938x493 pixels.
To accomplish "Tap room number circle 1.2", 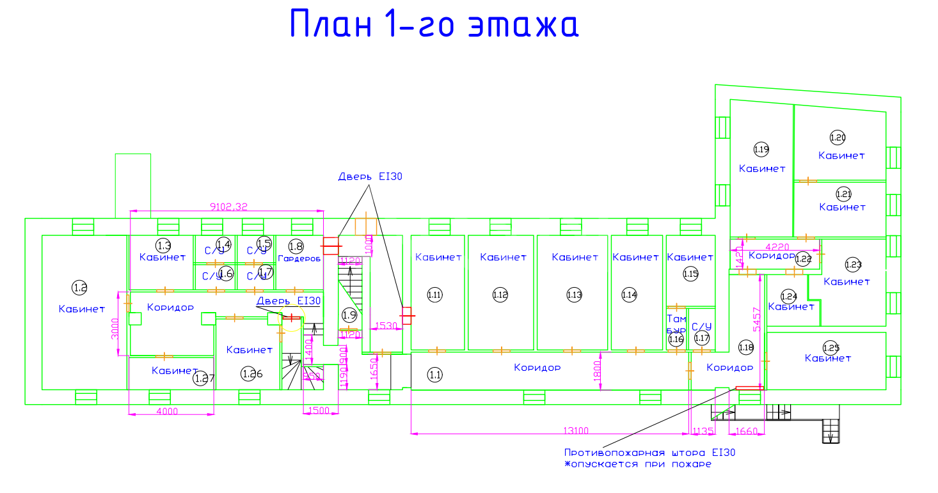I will (80, 288).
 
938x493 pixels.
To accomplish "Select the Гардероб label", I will (299, 258).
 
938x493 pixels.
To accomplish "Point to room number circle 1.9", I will (349, 315).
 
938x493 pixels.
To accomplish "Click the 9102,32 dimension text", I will (228, 206).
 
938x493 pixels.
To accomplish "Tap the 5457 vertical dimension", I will (756, 318).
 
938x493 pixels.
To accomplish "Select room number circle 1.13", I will (574, 295).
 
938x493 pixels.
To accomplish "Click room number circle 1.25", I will (831, 347).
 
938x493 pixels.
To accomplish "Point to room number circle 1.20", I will (838, 137).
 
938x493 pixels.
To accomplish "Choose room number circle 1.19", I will (761, 150).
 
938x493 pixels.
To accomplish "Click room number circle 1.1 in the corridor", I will (435, 375).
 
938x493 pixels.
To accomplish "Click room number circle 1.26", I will (249, 374).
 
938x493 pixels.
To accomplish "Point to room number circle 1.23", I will (853, 263).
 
